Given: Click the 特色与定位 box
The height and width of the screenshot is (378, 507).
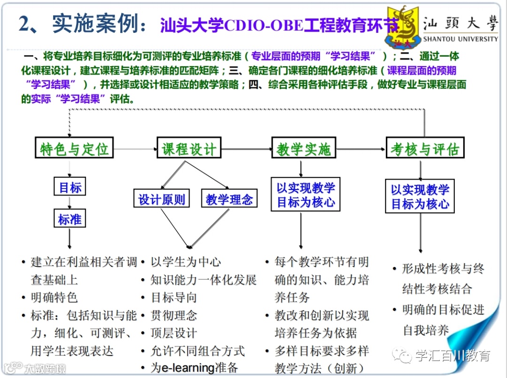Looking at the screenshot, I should click(74, 149).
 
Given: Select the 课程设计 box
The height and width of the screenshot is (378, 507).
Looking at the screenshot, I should click(189, 149).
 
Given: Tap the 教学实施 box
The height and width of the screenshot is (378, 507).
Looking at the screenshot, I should click(303, 149).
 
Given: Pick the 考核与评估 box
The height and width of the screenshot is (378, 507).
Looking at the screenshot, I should click(424, 149).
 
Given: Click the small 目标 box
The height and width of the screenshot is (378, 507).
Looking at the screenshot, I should click(70, 188).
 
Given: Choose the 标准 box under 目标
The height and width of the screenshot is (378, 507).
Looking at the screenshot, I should click(69, 219).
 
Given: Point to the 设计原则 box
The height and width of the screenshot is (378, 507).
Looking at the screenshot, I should click(161, 199).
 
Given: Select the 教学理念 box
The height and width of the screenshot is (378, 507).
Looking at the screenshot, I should click(229, 199).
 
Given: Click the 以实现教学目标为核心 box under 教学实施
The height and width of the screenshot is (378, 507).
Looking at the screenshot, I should click(305, 195).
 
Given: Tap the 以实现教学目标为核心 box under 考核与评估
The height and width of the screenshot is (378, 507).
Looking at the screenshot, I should click(420, 197).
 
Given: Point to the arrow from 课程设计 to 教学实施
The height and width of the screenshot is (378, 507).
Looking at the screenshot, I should click(246, 150).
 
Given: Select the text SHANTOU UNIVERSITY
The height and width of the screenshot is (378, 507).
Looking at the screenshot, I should click(460, 39).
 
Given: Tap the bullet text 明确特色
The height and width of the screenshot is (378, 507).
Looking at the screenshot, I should click(54, 297).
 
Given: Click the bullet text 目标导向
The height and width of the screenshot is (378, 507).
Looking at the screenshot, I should click(173, 297).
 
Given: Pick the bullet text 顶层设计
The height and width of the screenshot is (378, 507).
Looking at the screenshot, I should click(173, 333).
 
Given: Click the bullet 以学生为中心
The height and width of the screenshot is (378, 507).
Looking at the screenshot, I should click(185, 262).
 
